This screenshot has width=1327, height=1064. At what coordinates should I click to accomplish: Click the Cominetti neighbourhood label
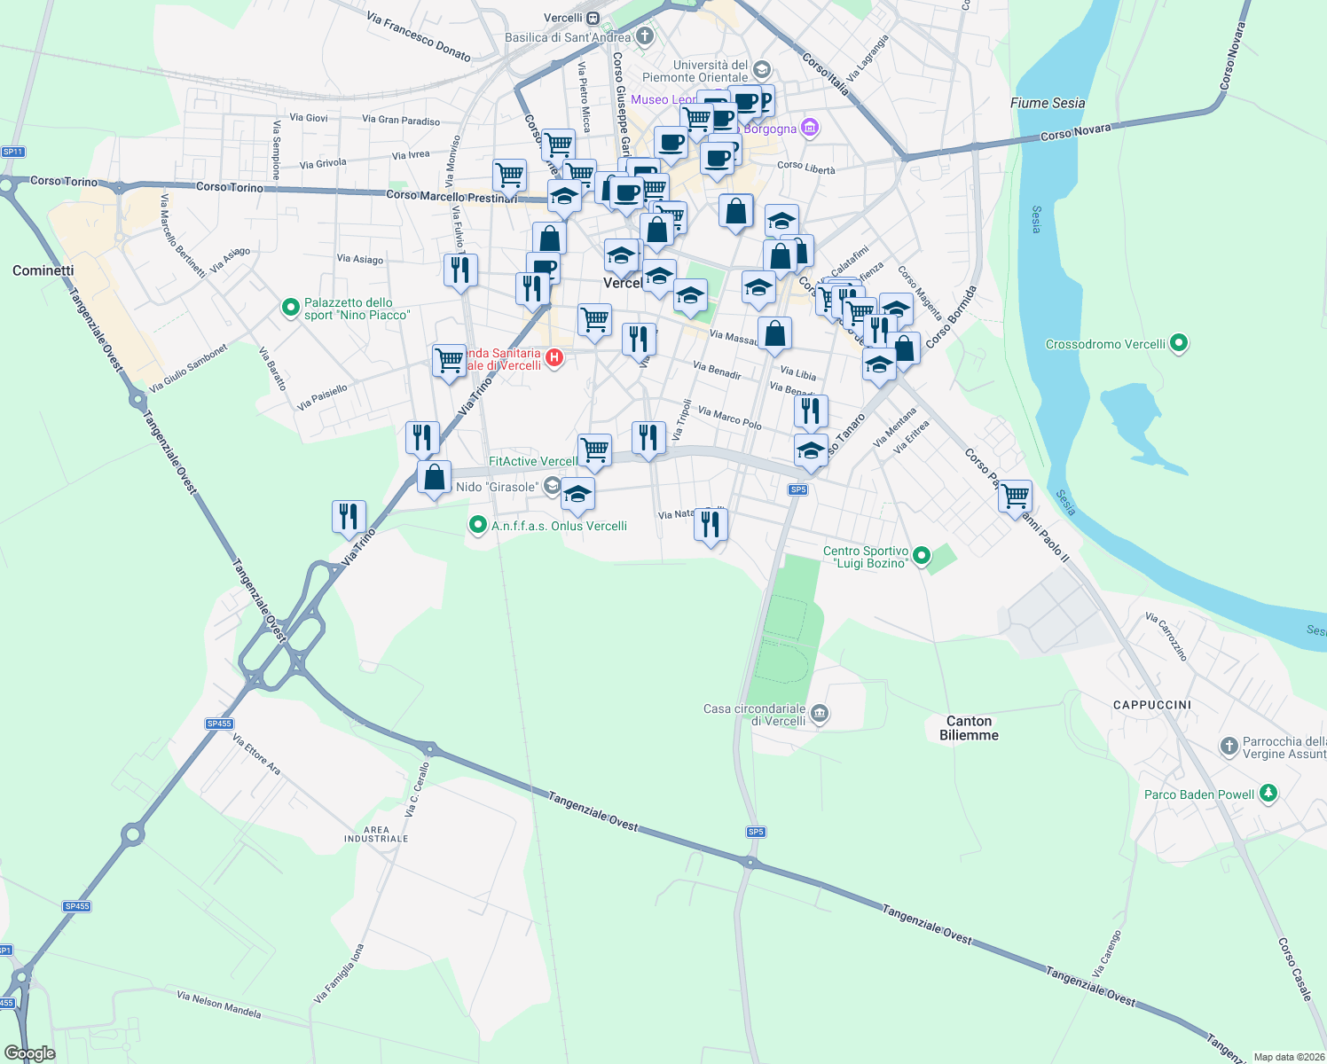(43, 270)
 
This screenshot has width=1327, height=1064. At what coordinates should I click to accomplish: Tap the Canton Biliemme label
(969, 728)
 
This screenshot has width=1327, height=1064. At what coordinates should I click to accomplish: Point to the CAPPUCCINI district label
(1152, 705)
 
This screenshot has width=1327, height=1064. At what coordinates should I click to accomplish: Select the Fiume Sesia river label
(1048, 103)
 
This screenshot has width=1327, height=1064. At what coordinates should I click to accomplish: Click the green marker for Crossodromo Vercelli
(1179, 343)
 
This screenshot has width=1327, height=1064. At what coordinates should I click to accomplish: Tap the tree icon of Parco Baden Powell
(1268, 794)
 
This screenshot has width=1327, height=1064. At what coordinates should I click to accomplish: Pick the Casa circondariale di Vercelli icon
(820, 714)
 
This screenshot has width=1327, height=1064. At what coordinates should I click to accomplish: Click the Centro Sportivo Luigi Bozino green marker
(922, 556)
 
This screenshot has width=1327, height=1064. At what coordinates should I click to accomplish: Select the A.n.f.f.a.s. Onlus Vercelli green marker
(478, 526)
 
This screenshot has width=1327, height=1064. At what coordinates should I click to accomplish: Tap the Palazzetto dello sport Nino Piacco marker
(290, 308)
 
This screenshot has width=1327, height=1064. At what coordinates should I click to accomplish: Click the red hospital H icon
(554, 358)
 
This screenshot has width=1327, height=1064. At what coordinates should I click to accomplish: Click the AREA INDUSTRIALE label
(376, 834)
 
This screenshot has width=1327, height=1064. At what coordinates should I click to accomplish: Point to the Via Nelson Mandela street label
(219, 1005)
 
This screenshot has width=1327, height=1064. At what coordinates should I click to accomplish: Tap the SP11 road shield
(12, 152)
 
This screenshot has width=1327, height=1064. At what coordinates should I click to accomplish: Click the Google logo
(30, 1053)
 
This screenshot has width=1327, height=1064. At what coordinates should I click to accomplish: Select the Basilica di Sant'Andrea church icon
(645, 36)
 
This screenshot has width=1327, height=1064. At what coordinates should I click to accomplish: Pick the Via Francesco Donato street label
(419, 36)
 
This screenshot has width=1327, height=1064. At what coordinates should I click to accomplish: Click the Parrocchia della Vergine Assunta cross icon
(1229, 747)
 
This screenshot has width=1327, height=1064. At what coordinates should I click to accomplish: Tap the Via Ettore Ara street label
(256, 754)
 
